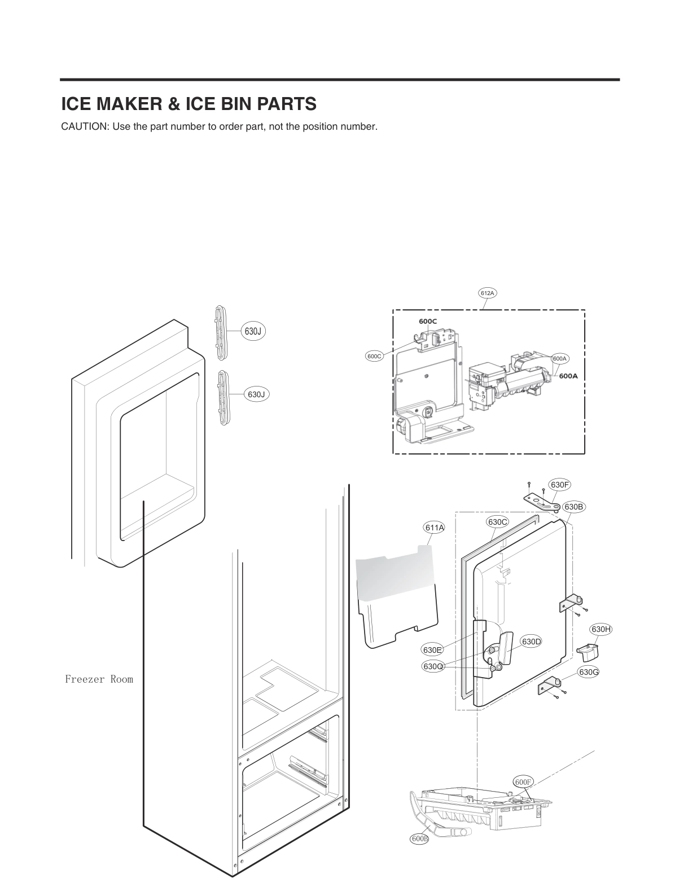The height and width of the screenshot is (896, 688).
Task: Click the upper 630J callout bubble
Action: click(x=253, y=331)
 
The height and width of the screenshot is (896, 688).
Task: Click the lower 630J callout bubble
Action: click(x=256, y=394)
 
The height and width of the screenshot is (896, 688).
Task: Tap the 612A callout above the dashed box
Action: click(x=487, y=293)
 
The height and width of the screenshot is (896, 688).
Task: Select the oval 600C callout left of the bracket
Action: click(x=375, y=356)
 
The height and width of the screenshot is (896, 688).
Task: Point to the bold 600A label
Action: click(x=568, y=376)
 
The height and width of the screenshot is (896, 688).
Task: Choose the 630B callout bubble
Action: click(x=573, y=507)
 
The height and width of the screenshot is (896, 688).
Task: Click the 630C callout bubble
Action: click(x=497, y=522)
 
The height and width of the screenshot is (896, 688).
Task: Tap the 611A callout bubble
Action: click(x=434, y=528)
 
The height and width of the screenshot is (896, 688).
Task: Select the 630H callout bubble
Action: click(x=602, y=629)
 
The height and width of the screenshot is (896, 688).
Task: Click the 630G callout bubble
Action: click(x=589, y=672)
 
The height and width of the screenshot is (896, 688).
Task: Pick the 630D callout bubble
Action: click(x=531, y=642)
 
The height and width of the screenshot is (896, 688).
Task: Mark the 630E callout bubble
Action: click(x=432, y=649)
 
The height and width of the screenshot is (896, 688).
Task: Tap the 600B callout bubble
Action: click(x=419, y=839)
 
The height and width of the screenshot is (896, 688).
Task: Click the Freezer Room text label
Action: click(x=99, y=679)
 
